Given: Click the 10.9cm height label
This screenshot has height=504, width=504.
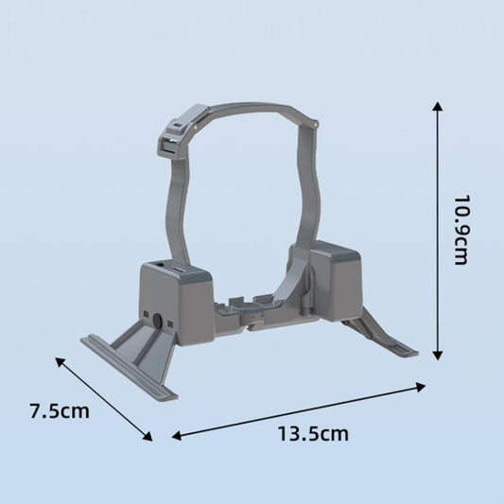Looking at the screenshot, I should pos(460,230).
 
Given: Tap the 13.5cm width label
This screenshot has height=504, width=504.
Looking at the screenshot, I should pos(313,434).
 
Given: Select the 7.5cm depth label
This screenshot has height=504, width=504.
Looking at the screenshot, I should pos(59,411).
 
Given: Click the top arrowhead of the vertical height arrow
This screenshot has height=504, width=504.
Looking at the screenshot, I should pos(437,106).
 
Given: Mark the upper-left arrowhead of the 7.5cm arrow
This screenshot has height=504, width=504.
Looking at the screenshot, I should pos(60,360).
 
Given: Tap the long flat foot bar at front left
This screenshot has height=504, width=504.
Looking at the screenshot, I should pos(128,369).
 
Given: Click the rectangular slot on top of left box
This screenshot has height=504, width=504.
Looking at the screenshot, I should pos(178,269).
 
